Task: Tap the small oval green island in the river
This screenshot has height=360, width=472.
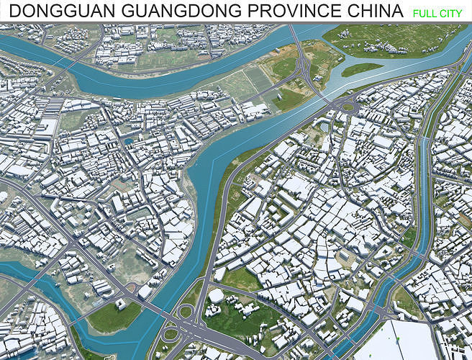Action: pos(362,69)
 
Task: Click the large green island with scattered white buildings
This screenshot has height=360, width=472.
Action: pos(392,40)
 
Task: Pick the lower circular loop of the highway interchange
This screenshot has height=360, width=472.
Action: pos(171,334)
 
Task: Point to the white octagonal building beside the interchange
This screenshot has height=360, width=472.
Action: pos(216,296)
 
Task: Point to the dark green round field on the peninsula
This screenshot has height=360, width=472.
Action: pos(283,66)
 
